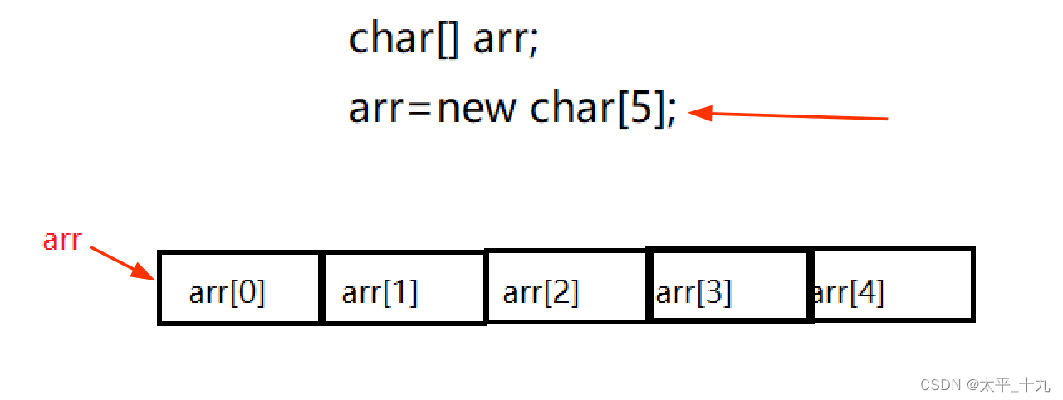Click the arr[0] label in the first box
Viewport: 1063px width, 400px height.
[227, 293]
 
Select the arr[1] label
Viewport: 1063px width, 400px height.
[380, 293]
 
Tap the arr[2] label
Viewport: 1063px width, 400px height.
[541, 293]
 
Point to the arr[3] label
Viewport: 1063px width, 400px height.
[693, 293]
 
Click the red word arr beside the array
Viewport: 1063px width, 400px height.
[62, 241]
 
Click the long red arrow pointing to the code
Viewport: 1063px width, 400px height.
[789, 116]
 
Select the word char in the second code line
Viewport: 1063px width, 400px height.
[571, 109]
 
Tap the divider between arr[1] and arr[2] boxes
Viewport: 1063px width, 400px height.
[485, 287]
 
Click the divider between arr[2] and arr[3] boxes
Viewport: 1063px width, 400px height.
[647, 286]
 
